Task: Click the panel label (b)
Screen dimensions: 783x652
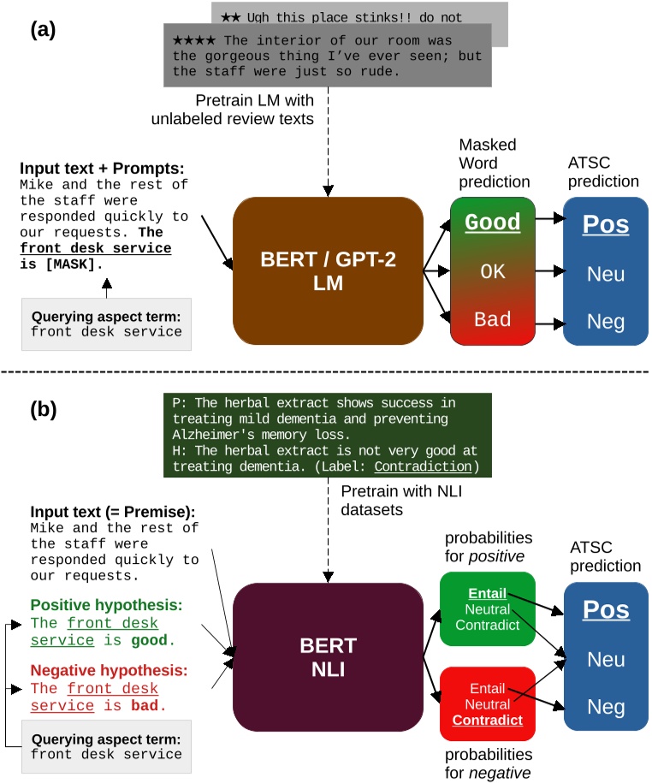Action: (44, 408)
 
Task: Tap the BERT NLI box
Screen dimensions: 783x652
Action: (328, 657)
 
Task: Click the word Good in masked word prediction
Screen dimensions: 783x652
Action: (492, 222)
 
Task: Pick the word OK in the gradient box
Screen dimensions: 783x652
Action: (492, 271)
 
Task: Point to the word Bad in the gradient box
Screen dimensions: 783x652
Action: (492, 319)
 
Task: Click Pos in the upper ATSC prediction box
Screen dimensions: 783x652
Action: (605, 224)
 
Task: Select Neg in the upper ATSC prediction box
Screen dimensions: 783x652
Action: (605, 323)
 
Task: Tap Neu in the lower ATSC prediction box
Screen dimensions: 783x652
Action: (605, 660)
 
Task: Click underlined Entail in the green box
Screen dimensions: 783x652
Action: (487, 593)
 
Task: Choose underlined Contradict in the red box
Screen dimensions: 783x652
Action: (487, 720)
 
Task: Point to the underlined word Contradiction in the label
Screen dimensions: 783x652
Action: (423, 466)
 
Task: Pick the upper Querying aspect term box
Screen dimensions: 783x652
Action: (106, 323)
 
